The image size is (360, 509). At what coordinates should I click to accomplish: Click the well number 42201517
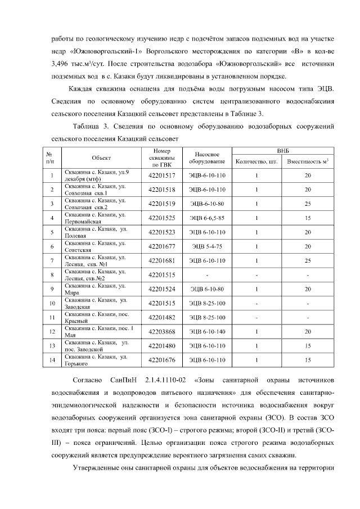161,175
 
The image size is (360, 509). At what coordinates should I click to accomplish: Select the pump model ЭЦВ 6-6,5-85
206,218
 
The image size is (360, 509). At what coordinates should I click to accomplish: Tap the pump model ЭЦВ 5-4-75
206,246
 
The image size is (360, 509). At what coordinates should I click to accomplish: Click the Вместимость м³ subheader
308,162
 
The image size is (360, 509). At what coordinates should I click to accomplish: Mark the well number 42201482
161,317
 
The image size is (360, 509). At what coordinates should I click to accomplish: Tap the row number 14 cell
51,360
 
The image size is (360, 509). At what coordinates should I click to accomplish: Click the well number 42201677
161,246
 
